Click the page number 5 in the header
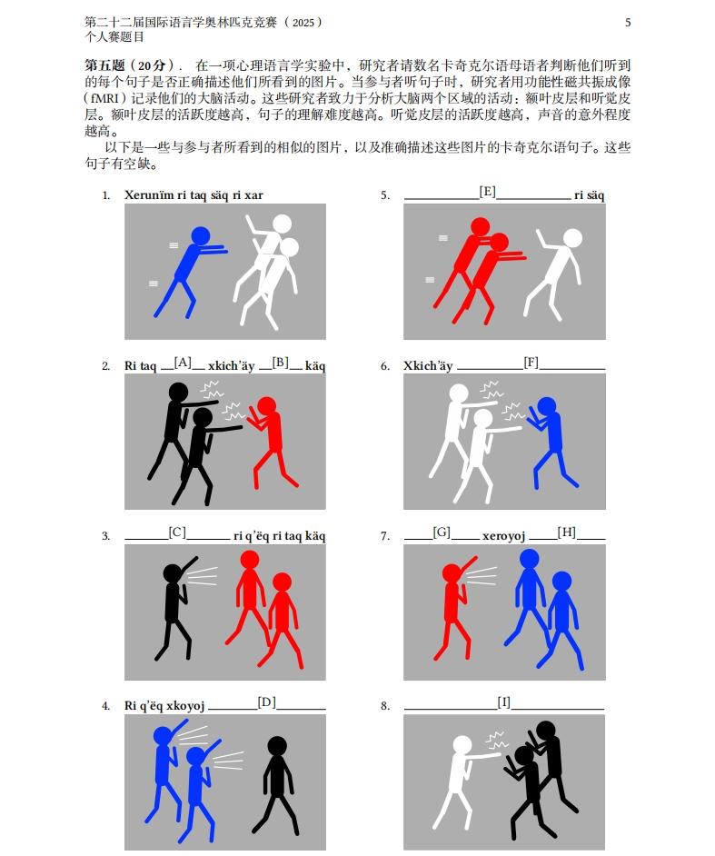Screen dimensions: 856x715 pos(628,22)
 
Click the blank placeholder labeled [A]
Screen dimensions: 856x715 pos(183,363)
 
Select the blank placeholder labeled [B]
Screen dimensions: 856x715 pos(280,363)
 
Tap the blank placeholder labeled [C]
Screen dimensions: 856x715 pos(177,533)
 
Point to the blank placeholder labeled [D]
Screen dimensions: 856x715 pos(266,702)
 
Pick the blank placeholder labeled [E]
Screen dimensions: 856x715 pos(487,192)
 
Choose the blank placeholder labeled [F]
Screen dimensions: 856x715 pos(531,363)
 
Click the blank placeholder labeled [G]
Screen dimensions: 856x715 pos(442,533)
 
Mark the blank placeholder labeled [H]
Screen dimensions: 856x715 pos(567,533)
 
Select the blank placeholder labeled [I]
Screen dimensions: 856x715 pos(504,702)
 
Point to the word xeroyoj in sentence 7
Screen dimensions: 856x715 pos(503,536)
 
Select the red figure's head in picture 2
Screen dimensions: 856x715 pos(266,405)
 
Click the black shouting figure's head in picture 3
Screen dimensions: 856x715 pos(172,572)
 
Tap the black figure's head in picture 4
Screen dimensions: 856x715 pos(277,746)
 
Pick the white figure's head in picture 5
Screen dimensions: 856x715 pos(571,238)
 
